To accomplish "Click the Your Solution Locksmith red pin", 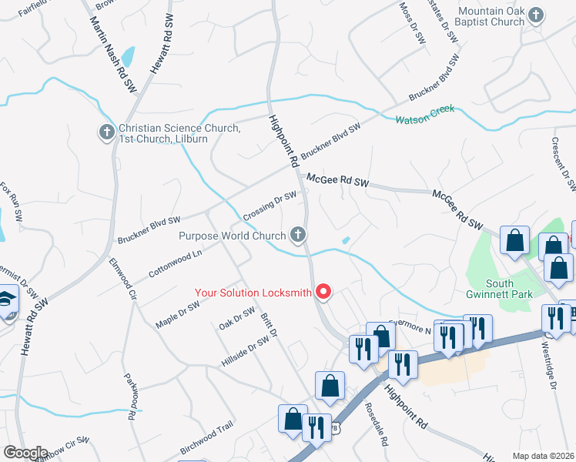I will (324, 292).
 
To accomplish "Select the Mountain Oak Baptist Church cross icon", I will (537, 14).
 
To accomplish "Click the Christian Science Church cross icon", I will (107, 133).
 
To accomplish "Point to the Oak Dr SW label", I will (237, 316).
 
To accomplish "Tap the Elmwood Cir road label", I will (121, 279).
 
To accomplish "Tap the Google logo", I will (25, 453).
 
